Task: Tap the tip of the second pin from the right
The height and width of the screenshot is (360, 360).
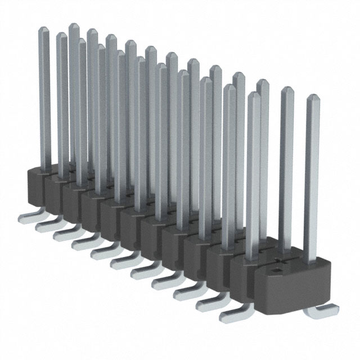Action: [287, 91]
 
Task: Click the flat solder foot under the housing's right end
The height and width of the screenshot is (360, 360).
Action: [324, 309]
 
